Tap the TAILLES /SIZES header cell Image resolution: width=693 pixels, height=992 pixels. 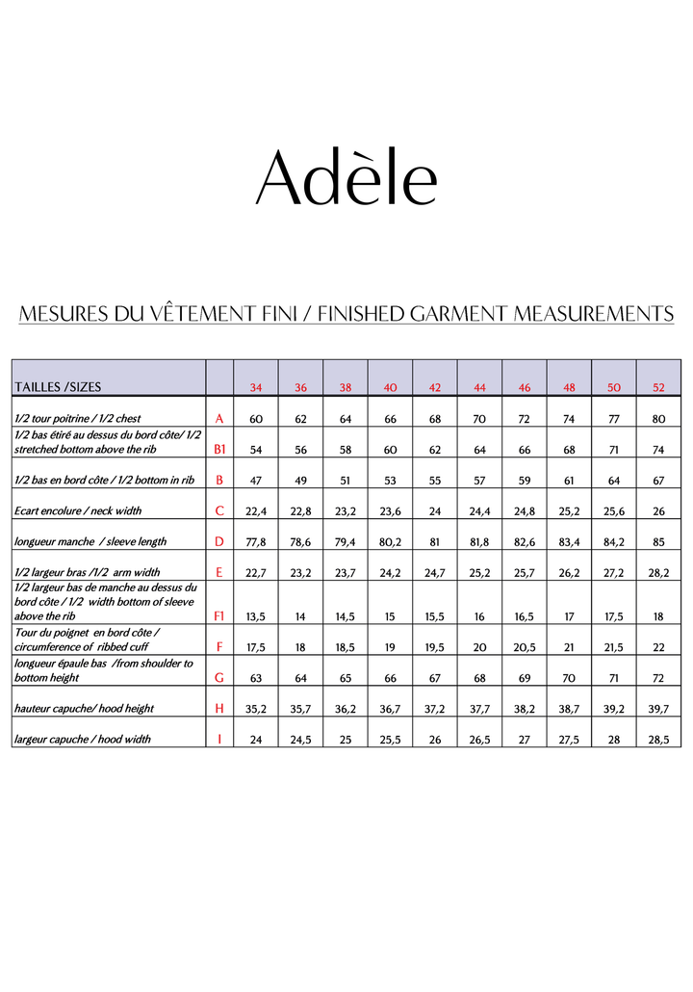click(x=58, y=387)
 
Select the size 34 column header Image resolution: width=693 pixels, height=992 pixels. click(x=256, y=388)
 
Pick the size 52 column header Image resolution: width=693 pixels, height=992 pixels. click(x=658, y=388)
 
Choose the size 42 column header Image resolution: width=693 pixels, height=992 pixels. click(x=435, y=388)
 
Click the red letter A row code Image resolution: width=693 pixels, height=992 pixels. click(x=219, y=419)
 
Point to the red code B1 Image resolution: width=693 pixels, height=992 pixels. click(x=219, y=450)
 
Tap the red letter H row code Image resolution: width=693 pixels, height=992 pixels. click(x=219, y=708)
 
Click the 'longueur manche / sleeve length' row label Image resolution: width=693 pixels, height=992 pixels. click(x=90, y=542)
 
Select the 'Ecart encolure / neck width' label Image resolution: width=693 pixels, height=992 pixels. click(x=78, y=511)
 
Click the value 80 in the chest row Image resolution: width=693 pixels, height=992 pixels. click(x=658, y=419)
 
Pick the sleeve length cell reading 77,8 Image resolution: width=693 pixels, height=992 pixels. click(x=256, y=542)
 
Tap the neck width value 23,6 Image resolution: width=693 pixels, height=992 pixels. click(x=390, y=511)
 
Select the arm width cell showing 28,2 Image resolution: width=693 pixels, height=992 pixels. click(x=658, y=573)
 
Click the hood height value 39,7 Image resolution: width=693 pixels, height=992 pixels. click(x=658, y=708)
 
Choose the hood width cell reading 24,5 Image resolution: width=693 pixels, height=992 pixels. click(x=300, y=739)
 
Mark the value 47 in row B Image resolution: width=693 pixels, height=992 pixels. click(x=256, y=481)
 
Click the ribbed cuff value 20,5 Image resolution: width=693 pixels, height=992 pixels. click(x=525, y=647)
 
